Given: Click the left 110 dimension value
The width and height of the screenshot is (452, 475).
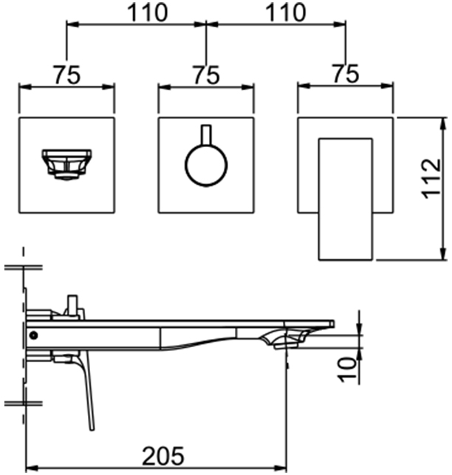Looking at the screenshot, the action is click(x=147, y=12).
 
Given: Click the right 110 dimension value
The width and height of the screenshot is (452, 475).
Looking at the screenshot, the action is click(x=286, y=12).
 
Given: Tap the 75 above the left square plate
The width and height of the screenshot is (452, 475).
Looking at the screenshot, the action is click(x=67, y=75).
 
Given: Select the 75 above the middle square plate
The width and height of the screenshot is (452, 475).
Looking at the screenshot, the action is click(x=207, y=75).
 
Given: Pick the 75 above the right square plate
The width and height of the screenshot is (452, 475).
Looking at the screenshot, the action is click(x=346, y=74).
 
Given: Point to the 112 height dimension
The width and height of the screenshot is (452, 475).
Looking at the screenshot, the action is click(x=431, y=179).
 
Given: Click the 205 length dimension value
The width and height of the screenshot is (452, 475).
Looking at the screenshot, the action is click(x=163, y=456).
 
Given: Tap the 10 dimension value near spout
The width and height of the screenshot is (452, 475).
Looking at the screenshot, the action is click(x=347, y=370).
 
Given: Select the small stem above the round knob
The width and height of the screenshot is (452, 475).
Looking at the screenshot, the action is click(x=206, y=134).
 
